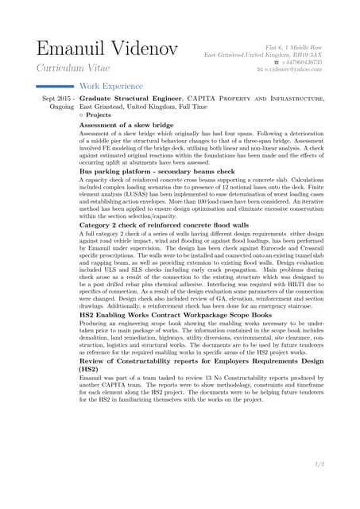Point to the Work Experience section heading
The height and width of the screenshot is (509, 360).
pyautogui.click(x=110, y=86)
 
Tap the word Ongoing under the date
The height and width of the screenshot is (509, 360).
pyautogui.click(x=61, y=107)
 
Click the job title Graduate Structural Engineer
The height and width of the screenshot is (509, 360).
pyautogui.click(x=128, y=99)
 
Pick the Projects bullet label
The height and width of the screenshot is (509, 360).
pyautogui.click(x=98, y=115)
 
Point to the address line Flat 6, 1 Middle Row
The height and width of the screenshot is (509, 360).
pyautogui.click(x=294, y=47)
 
